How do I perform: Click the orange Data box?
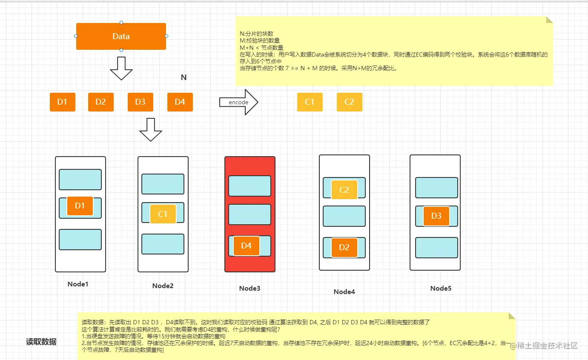tap(121, 37)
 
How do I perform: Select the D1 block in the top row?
tap(63, 102)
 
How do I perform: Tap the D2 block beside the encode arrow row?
tap(101, 102)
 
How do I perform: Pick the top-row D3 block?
tap(141, 102)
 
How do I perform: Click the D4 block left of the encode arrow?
tap(180, 102)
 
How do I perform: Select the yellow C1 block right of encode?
tap(310, 102)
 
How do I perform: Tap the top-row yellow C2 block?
tap(350, 102)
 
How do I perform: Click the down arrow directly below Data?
tap(121, 69)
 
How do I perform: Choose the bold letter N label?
tap(184, 77)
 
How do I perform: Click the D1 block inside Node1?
tap(80, 206)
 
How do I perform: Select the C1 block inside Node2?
tap(163, 214)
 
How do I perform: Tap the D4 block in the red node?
tap(247, 246)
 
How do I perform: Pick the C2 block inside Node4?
tap(344, 190)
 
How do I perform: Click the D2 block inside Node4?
tap(344, 248)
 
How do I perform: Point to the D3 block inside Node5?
tap(436, 216)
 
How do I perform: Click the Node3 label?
tap(250, 289)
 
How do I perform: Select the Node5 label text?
tap(441, 289)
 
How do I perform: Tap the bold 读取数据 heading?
tap(41, 342)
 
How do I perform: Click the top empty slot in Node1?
tap(80, 180)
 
